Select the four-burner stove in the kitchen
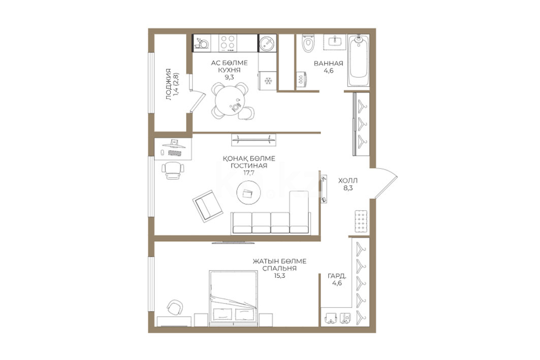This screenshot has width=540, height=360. pyautogui.click(x=227, y=43)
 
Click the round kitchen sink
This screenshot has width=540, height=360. pyautogui.click(x=267, y=43)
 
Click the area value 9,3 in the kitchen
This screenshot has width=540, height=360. pyautogui.click(x=230, y=77)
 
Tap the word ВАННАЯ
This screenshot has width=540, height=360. pyautogui.click(x=329, y=63)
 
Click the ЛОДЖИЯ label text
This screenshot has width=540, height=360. pyautogui.click(x=169, y=85)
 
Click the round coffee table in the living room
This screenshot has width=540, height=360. pyautogui.click(x=248, y=193)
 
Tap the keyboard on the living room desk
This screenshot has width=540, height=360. pyautogui.click(x=174, y=153)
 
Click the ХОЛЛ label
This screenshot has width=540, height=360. pyautogui.click(x=348, y=180)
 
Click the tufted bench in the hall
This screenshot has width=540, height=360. pyautogui.click(x=361, y=221)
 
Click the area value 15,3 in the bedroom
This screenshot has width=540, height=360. pyautogui.click(x=279, y=276)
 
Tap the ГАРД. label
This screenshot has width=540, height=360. pyautogui.click(x=337, y=276)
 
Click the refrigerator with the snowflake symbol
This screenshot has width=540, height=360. pyautogui.click(x=268, y=81)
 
